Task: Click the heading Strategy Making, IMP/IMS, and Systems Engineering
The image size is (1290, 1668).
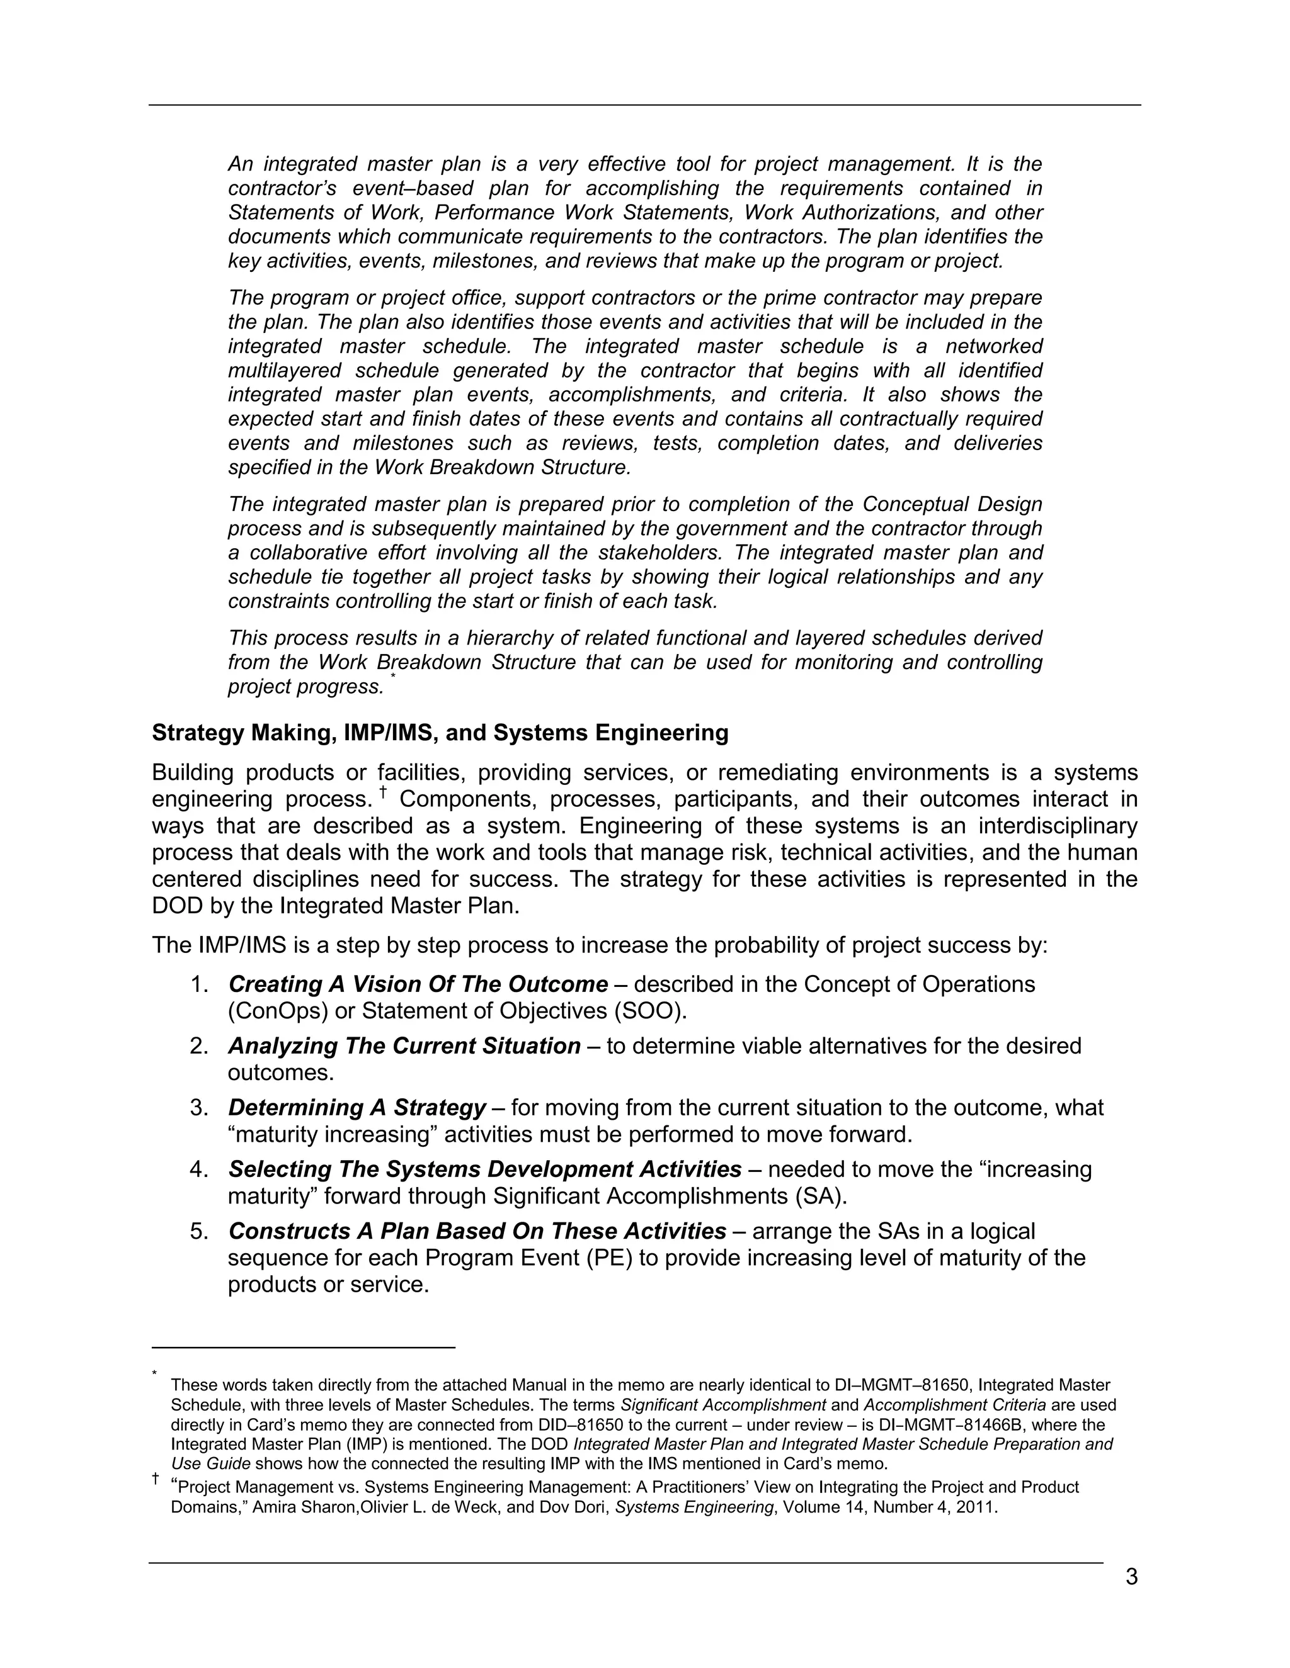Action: pyautogui.click(x=440, y=733)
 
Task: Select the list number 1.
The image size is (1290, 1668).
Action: pyautogui.click(x=200, y=984)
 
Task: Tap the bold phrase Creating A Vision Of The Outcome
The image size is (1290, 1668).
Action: pyautogui.click(x=418, y=984)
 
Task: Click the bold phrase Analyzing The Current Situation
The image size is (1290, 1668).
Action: pyautogui.click(x=404, y=1046)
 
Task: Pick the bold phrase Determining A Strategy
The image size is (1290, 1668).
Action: pyautogui.click(x=357, y=1108)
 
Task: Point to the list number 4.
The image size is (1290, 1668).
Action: pyautogui.click(x=200, y=1170)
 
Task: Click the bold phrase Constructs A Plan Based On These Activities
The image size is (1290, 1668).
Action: pyautogui.click(x=477, y=1232)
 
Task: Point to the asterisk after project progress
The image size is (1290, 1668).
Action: pyautogui.click(x=394, y=676)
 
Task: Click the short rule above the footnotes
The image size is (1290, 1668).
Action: pyautogui.click(x=304, y=1348)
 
